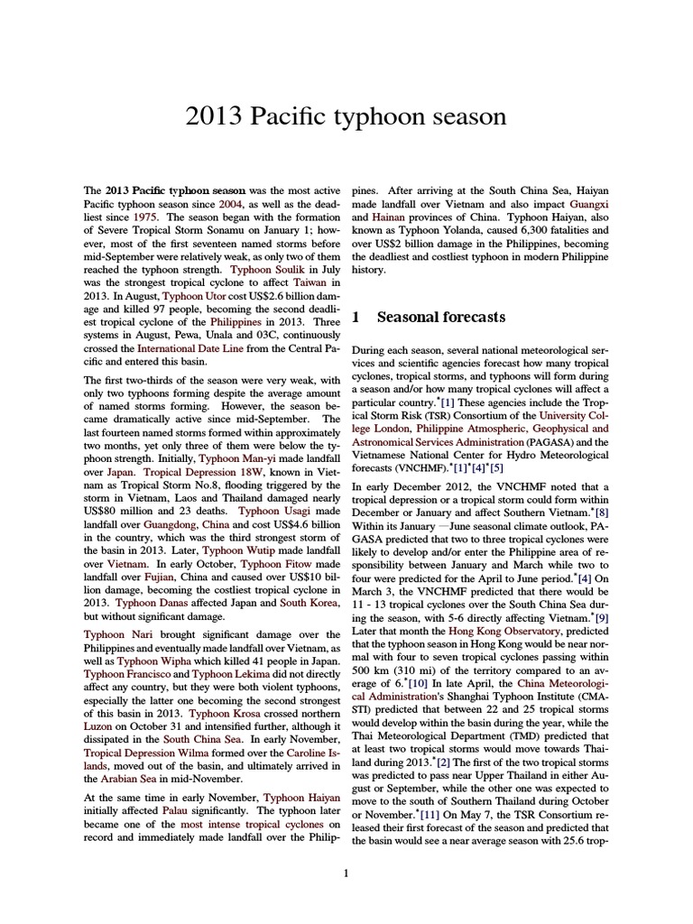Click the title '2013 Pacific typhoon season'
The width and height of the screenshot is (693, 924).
click(346, 117)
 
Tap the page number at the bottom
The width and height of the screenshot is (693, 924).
click(346, 873)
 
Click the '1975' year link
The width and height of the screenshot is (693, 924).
click(146, 217)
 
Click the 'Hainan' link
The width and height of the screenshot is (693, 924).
click(384, 217)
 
